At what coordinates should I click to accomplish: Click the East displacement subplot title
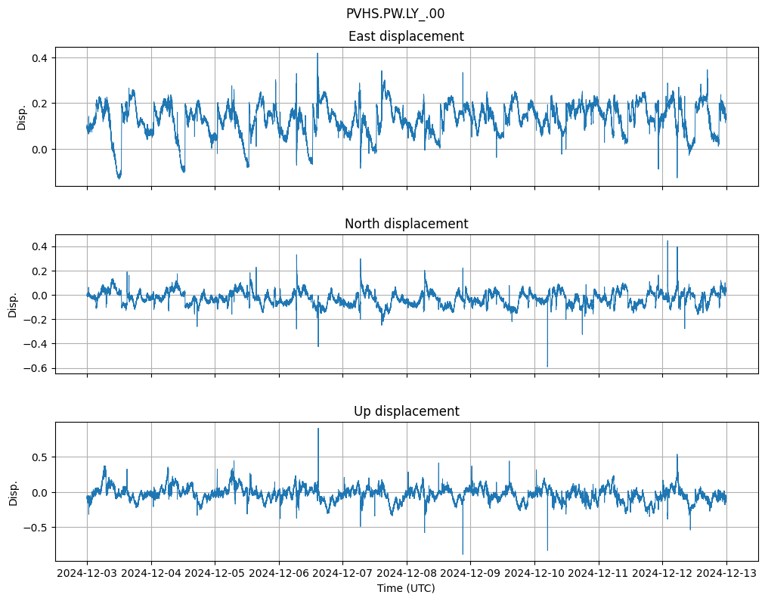[x=406, y=36]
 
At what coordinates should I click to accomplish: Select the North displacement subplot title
[x=406, y=224]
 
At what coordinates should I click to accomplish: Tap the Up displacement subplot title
[x=406, y=411]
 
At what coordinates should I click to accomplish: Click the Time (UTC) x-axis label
[x=406, y=588]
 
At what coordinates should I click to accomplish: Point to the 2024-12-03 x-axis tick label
[x=87, y=574]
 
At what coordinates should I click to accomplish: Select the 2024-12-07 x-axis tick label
[x=342, y=574]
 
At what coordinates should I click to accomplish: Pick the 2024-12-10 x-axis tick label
[x=534, y=574]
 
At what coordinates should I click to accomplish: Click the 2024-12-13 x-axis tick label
[x=726, y=574]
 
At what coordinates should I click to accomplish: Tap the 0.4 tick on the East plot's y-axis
[x=39, y=58]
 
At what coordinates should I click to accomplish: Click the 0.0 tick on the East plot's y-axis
[x=39, y=149]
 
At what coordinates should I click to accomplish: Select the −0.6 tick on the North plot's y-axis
[x=36, y=368]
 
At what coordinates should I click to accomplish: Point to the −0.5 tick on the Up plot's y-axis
[x=36, y=528]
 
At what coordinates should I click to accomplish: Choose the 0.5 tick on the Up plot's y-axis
[x=39, y=457]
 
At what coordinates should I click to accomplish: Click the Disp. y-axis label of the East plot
[x=22, y=117]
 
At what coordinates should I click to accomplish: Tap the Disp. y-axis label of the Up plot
[x=14, y=492]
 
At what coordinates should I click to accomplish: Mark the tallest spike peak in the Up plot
[x=318, y=429]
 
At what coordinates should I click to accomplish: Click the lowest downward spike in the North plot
[x=547, y=367]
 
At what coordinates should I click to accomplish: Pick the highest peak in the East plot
[x=317, y=54]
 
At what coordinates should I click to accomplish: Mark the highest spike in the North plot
[x=667, y=240]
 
